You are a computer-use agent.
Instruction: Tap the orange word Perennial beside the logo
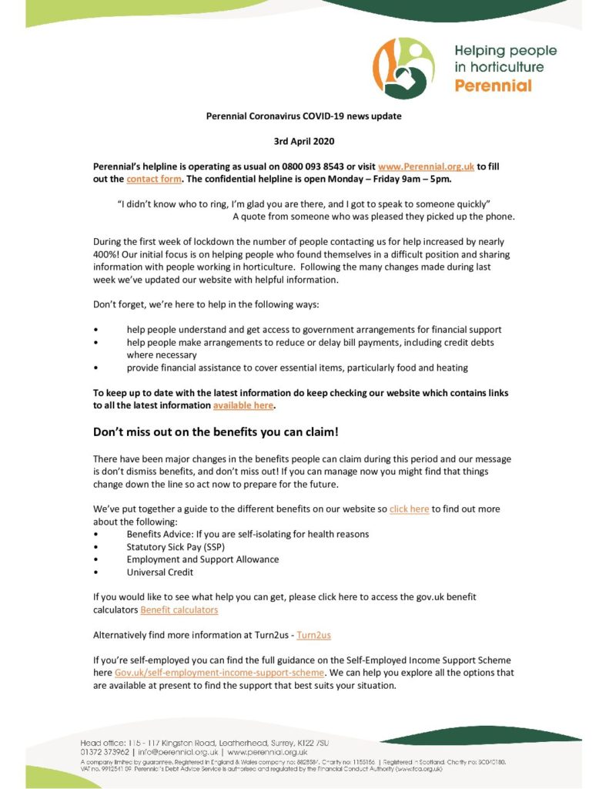tap(493, 86)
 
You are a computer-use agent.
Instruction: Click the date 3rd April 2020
tap(304, 141)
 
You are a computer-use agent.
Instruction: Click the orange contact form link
tap(154, 179)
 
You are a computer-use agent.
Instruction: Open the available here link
tap(243, 405)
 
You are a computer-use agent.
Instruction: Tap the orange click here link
tap(409, 509)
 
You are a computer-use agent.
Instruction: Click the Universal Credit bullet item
tap(160, 572)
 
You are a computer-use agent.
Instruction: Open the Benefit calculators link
tap(179, 609)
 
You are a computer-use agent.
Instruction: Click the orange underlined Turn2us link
tap(313, 635)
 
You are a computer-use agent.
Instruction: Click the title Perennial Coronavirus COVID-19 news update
tap(304, 116)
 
